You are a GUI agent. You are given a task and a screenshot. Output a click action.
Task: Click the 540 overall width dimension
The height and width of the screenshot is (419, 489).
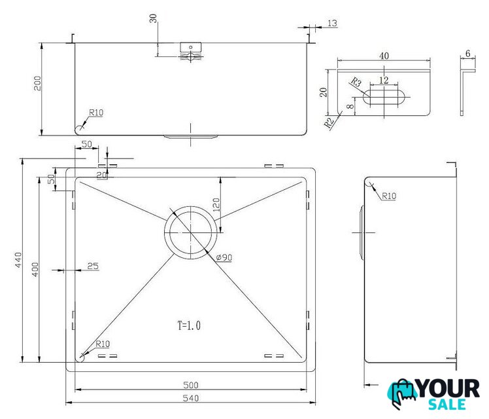point(190,398)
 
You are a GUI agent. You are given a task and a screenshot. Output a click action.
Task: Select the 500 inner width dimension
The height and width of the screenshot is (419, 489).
point(190,385)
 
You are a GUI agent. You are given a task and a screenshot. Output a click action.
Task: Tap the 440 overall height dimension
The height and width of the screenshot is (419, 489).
point(18,260)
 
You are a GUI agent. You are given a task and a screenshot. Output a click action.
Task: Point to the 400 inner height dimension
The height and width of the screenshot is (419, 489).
point(35,270)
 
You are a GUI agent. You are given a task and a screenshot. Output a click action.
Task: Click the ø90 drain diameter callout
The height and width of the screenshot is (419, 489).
point(224,257)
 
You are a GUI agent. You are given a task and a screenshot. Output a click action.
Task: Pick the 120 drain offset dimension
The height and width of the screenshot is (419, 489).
point(216,205)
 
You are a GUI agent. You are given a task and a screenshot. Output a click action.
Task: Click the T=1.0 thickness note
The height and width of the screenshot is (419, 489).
point(189,325)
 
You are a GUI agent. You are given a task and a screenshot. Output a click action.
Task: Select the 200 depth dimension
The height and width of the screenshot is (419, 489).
point(37,83)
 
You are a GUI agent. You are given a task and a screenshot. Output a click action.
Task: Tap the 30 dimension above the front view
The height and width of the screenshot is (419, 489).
point(153,18)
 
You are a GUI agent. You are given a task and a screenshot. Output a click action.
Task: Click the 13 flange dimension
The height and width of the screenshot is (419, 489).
point(333,23)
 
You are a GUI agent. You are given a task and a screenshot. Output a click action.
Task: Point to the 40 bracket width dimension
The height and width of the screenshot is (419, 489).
point(384,56)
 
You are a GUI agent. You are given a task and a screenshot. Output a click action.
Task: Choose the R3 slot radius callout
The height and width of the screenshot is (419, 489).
point(356,82)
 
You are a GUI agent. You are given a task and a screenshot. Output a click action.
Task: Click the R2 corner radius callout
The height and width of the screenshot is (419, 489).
point(329,122)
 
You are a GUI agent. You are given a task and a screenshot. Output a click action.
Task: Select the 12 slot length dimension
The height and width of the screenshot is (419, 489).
point(384,81)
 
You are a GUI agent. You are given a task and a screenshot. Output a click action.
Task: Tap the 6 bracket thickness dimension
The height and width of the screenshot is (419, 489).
point(468,54)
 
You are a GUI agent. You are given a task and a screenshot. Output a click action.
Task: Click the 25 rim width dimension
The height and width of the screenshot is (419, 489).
point(93,266)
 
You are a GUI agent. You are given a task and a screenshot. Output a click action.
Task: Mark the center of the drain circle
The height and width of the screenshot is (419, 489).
point(190,232)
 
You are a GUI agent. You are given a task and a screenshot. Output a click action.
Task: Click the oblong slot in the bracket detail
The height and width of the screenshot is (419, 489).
point(384,96)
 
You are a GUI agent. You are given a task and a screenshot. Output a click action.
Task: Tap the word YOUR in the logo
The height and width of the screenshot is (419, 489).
point(448,389)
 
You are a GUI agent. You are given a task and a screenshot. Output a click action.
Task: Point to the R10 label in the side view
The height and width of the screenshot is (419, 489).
point(389,196)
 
